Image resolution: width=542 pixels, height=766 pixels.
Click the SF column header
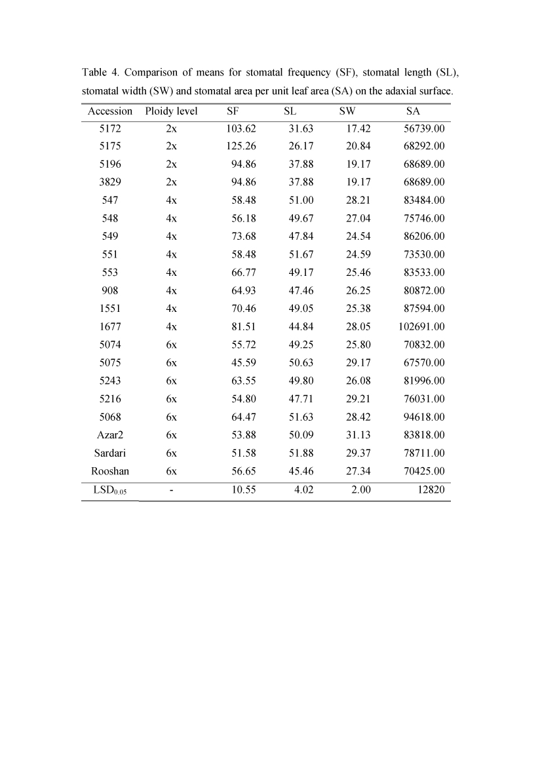click(233, 111)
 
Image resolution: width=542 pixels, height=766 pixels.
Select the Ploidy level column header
click(172, 111)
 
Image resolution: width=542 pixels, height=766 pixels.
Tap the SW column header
click(347, 111)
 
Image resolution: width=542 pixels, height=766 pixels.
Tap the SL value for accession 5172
click(301, 128)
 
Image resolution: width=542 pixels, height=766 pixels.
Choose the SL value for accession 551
click(301, 254)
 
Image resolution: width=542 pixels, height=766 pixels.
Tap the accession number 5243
click(110, 381)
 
